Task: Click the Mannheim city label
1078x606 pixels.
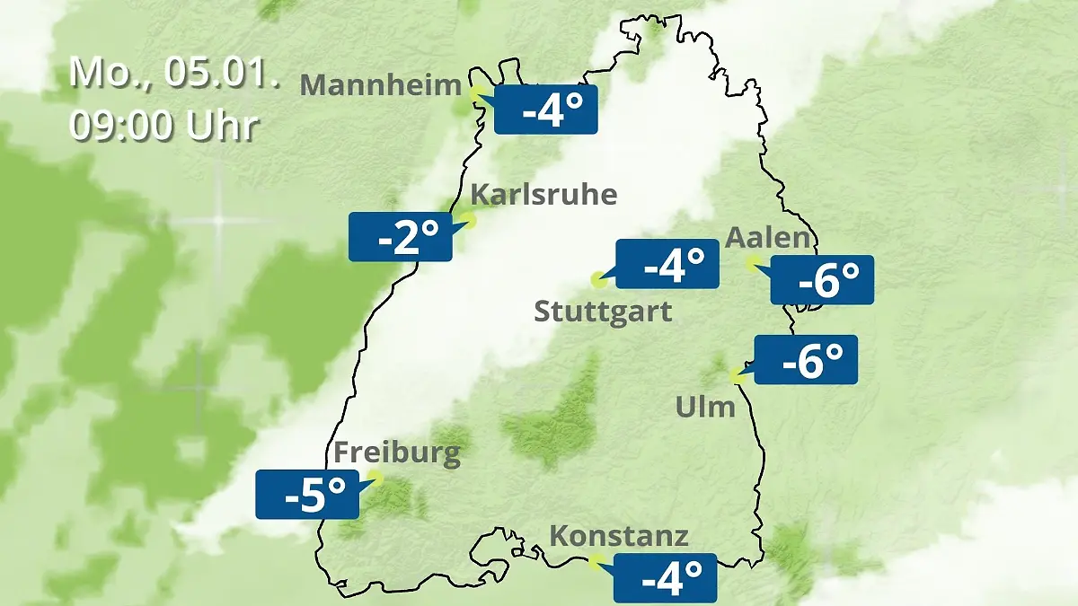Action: click(x=380, y=84)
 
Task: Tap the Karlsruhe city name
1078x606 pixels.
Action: click(x=543, y=194)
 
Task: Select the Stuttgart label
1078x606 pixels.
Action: click(x=603, y=312)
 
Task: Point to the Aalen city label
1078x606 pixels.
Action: click(x=768, y=238)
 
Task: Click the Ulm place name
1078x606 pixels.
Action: click(x=705, y=407)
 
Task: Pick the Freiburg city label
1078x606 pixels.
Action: click(x=397, y=452)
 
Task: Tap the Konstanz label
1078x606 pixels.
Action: click(x=619, y=536)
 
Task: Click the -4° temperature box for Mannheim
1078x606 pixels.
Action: click(x=546, y=110)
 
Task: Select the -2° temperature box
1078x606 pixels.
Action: click(x=401, y=237)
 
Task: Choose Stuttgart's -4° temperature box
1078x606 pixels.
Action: click(x=667, y=264)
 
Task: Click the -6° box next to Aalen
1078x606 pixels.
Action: click(x=822, y=280)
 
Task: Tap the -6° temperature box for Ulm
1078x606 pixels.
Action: click(x=806, y=360)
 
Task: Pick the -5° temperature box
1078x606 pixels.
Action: click(x=307, y=495)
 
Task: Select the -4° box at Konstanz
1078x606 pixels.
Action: click(x=665, y=577)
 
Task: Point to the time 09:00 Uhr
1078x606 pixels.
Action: click(x=163, y=126)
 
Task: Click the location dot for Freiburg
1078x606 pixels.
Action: click(x=376, y=478)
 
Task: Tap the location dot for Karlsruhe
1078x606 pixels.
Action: click(x=468, y=219)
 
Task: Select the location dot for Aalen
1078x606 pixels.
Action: click(x=753, y=262)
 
